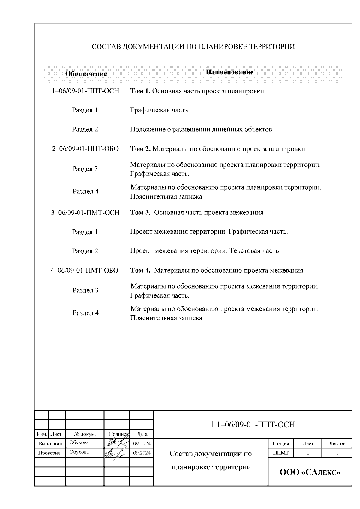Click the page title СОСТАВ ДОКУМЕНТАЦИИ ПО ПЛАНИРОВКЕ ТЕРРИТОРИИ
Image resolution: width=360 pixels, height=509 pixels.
pyautogui.click(x=193, y=47)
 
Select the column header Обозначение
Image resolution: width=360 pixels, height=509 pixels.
pyautogui.click(x=86, y=74)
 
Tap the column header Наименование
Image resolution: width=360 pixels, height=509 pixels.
pyautogui.click(x=229, y=72)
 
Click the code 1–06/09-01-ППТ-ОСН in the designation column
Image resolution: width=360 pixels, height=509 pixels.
pyautogui.click(x=85, y=91)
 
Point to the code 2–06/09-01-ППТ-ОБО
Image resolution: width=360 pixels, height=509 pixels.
pyautogui.click(x=85, y=149)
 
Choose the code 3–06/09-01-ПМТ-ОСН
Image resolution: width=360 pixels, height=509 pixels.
pyautogui.click(x=85, y=213)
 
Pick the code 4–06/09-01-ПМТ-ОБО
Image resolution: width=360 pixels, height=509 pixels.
pyautogui.click(x=85, y=271)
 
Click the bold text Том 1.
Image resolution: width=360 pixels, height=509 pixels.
pyautogui.click(x=140, y=91)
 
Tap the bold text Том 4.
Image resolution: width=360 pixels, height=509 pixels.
pyautogui.click(x=140, y=271)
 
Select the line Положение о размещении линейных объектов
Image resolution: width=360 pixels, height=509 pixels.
pyautogui.click(x=201, y=130)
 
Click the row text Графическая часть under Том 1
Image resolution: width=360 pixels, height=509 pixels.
pyautogui.click(x=159, y=110)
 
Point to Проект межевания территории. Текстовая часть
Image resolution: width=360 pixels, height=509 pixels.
pyautogui.click(x=204, y=251)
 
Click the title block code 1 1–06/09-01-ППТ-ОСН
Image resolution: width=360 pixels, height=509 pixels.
pyautogui.click(x=253, y=425)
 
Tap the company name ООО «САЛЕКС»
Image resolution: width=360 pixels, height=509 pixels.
pyautogui.click(x=310, y=472)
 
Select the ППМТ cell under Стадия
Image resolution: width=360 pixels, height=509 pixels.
pyautogui.click(x=281, y=453)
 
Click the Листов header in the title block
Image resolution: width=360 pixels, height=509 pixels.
pyautogui.click(x=337, y=443)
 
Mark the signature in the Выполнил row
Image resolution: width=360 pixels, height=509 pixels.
pyautogui.click(x=116, y=443)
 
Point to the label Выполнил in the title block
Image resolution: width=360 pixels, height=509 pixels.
pyautogui.click(x=50, y=443)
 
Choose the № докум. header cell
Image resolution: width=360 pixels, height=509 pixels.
pyautogui.click(x=85, y=434)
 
